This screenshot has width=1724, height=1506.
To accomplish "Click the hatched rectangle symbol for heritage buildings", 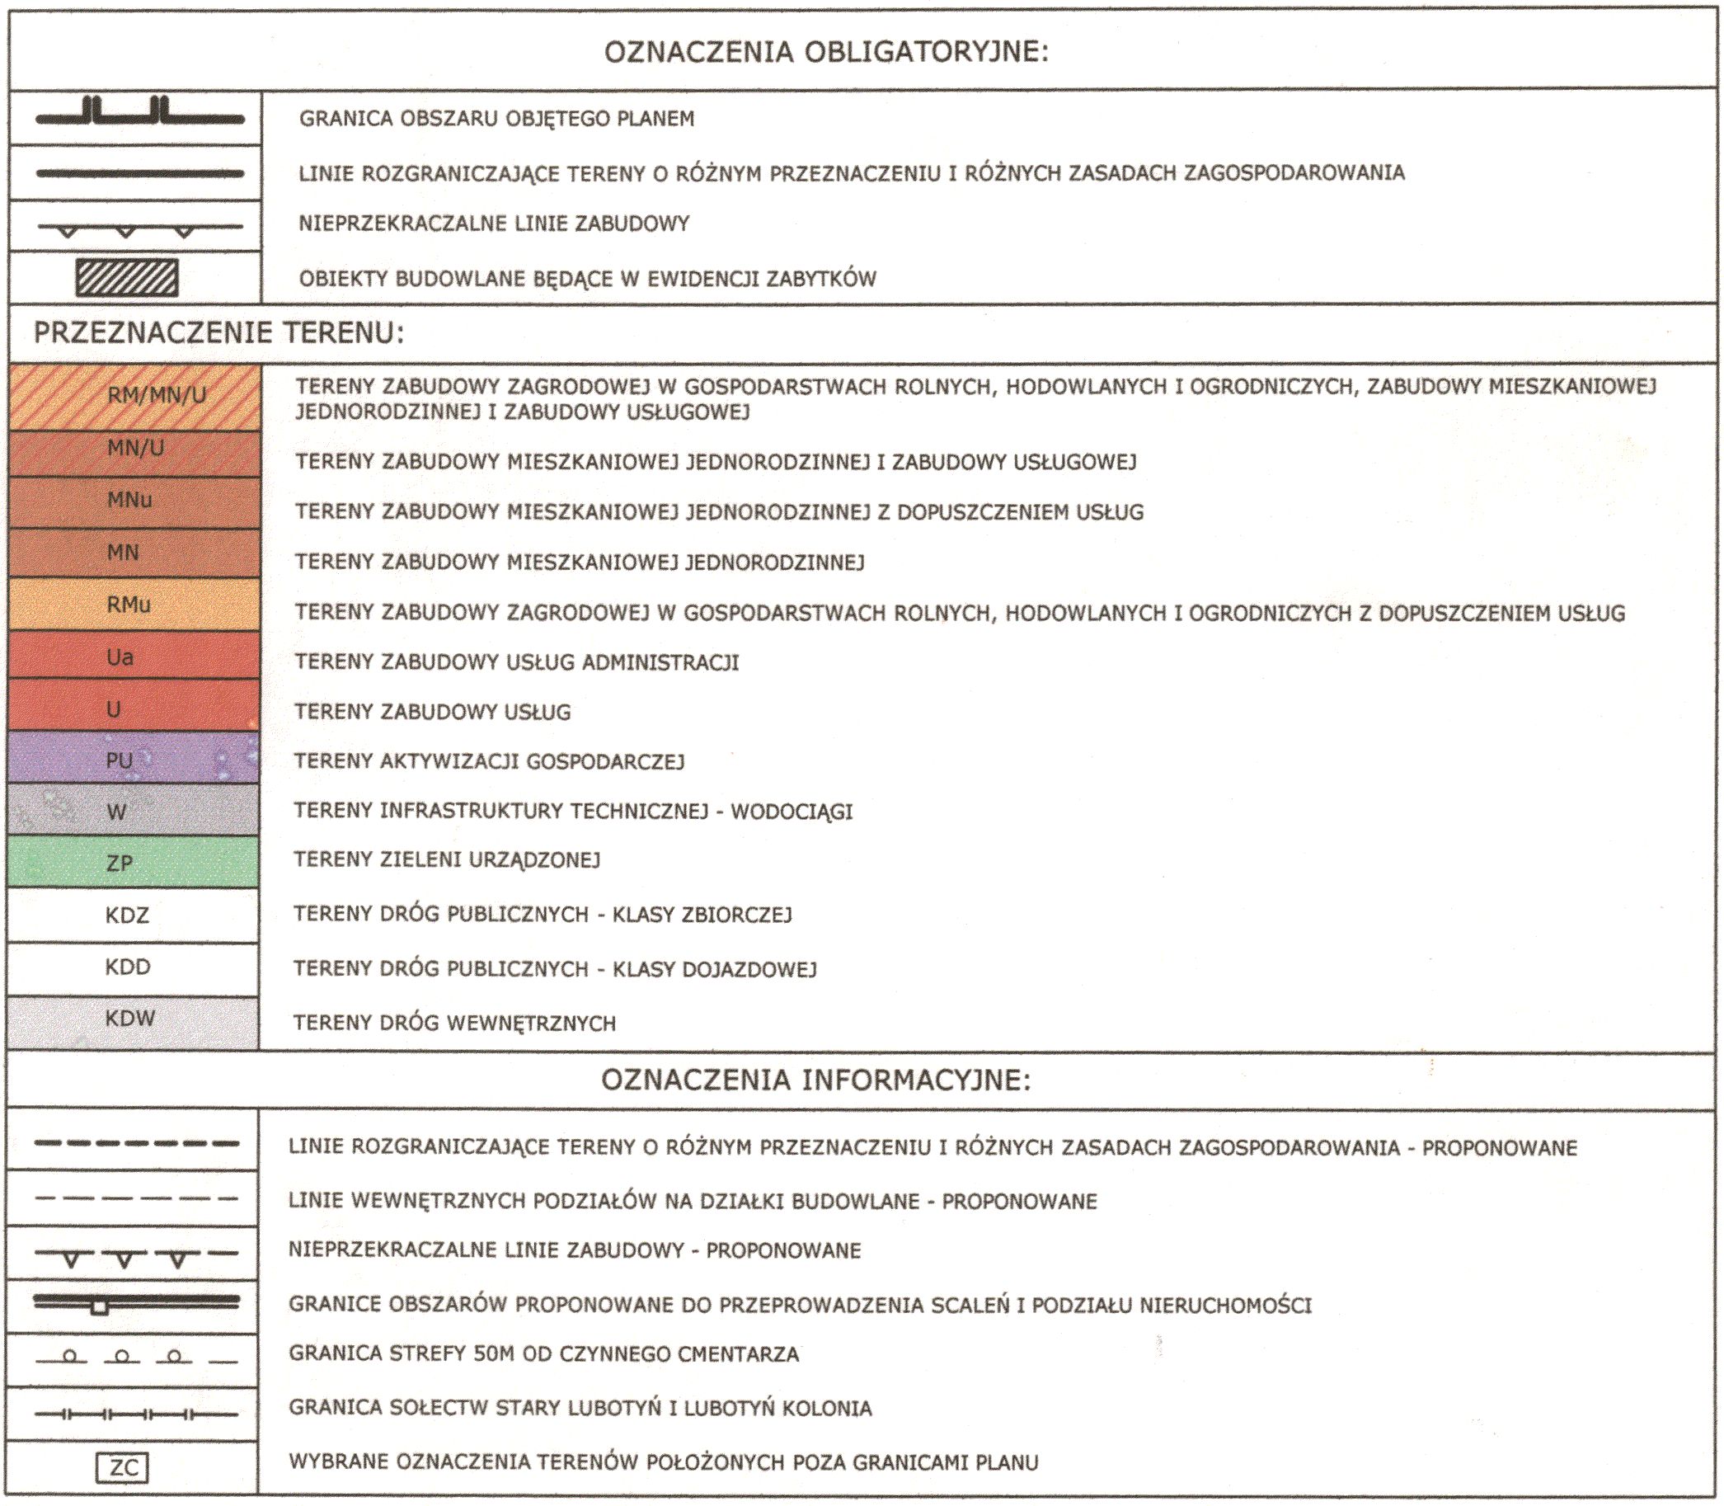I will click(x=127, y=278).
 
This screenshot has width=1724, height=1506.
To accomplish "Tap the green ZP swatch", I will click(x=133, y=862).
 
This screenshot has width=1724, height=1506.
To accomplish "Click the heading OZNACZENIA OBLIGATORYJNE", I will click(x=826, y=52).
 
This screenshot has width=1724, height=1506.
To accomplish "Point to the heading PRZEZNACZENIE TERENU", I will click(x=218, y=333).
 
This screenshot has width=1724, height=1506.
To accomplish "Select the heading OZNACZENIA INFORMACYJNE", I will click(x=815, y=1080).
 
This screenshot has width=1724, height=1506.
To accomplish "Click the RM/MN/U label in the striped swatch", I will click(x=157, y=395).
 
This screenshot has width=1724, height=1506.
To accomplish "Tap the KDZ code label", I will click(x=127, y=915).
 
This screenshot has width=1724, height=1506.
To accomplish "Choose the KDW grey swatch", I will click(x=133, y=1020).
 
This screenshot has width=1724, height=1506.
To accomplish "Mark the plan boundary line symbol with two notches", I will click(x=139, y=115).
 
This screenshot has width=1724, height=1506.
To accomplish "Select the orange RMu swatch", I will click(x=133, y=605).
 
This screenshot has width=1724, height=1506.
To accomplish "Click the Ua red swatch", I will click(x=133, y=656).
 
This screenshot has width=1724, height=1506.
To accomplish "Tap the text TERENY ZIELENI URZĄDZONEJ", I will click(x=446, y=860).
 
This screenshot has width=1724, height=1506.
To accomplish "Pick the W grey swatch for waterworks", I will click(x=133, y=811).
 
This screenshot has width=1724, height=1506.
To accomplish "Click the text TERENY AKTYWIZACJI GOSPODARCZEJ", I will click(x=489, y=761).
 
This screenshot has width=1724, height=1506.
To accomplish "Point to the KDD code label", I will click(x=128, y=967).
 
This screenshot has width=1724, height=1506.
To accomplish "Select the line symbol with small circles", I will click(x=134, y=1357).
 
